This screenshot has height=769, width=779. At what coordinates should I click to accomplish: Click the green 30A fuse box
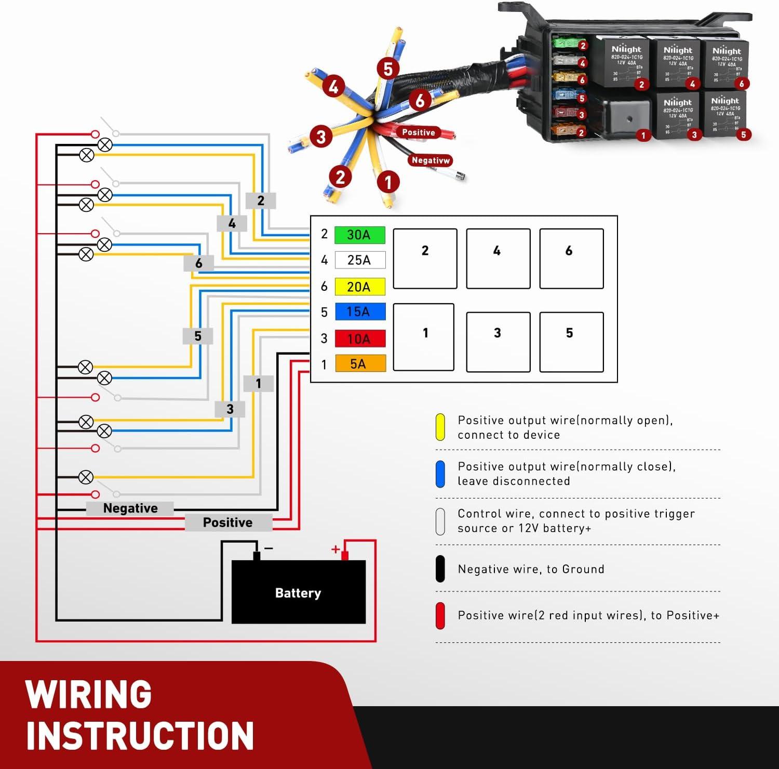(x=359, y=235)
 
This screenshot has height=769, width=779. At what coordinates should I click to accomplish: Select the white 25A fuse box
(x=359, y=260)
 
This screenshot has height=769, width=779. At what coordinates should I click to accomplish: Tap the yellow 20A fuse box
(x=359, y=287)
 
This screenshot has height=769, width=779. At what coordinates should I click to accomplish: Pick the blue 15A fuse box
(x=359, y=312)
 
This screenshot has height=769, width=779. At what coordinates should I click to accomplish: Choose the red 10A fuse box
(x=359, y=339)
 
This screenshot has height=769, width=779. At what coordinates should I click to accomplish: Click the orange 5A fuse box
(x=359, y=363)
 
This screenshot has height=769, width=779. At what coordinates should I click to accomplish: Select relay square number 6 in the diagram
(x=571, y=258)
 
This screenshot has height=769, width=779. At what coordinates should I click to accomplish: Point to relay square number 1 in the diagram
(x=424, y=337)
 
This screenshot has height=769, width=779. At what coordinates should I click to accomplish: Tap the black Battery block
(x=298, y=592)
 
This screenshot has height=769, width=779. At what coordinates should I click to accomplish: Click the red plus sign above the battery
(x=335, y=549)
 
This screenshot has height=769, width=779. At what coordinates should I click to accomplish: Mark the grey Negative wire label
(x=130, y=508)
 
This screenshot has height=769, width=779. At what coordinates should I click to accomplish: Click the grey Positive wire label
(x=228, y=522)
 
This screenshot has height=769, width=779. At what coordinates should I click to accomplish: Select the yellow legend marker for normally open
(x=440, y=427)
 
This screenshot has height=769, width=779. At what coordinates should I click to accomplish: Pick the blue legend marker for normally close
(x=440, y=474)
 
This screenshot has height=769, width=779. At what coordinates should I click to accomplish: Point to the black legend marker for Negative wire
(x=440, y=569)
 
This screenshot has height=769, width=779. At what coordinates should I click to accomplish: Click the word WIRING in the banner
(x=88, y=694)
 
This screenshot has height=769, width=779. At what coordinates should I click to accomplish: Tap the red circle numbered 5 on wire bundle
(x=388, y=69)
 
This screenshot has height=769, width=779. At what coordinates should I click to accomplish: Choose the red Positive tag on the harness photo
(x=418, y=132)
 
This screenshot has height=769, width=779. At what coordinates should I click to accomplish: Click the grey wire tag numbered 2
(x=261, y=200)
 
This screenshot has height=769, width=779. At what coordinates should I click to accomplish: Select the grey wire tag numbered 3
(x=230, y=409)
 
